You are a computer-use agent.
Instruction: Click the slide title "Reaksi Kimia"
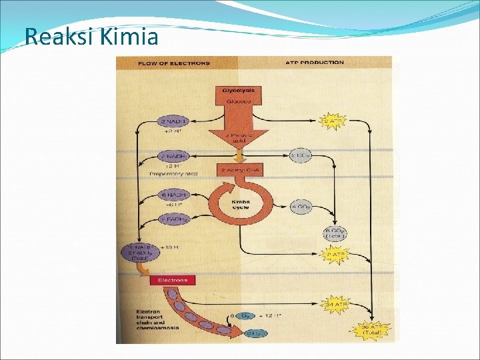[91, 36]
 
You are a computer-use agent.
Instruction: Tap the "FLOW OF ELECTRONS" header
[173, 63]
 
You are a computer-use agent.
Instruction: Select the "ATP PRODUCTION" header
[315, 63]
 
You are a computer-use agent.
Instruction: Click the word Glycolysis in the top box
[238, 90]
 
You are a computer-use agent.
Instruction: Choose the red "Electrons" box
[173, 281]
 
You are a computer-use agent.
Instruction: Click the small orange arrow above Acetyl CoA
[237, 155]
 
